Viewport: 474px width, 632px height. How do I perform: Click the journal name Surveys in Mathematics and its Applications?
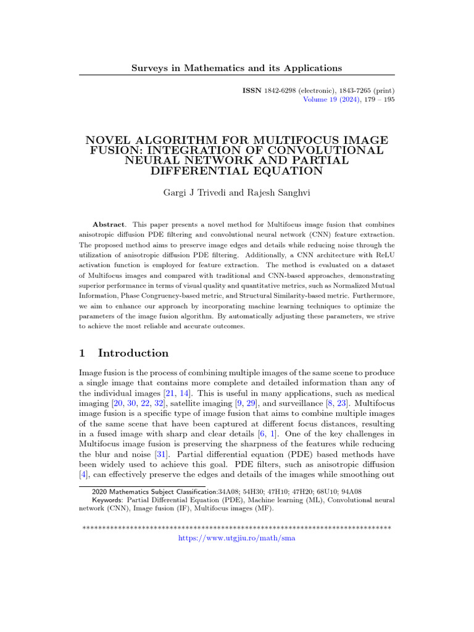(236, 67)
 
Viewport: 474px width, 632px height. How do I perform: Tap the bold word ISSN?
(252, 90)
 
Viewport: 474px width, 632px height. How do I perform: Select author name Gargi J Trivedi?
(191, 194)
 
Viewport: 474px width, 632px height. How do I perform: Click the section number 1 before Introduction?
(82, 354)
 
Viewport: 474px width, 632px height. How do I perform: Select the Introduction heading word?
(133, 354)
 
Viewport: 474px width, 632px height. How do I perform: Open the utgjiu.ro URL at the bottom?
(236, 538)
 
